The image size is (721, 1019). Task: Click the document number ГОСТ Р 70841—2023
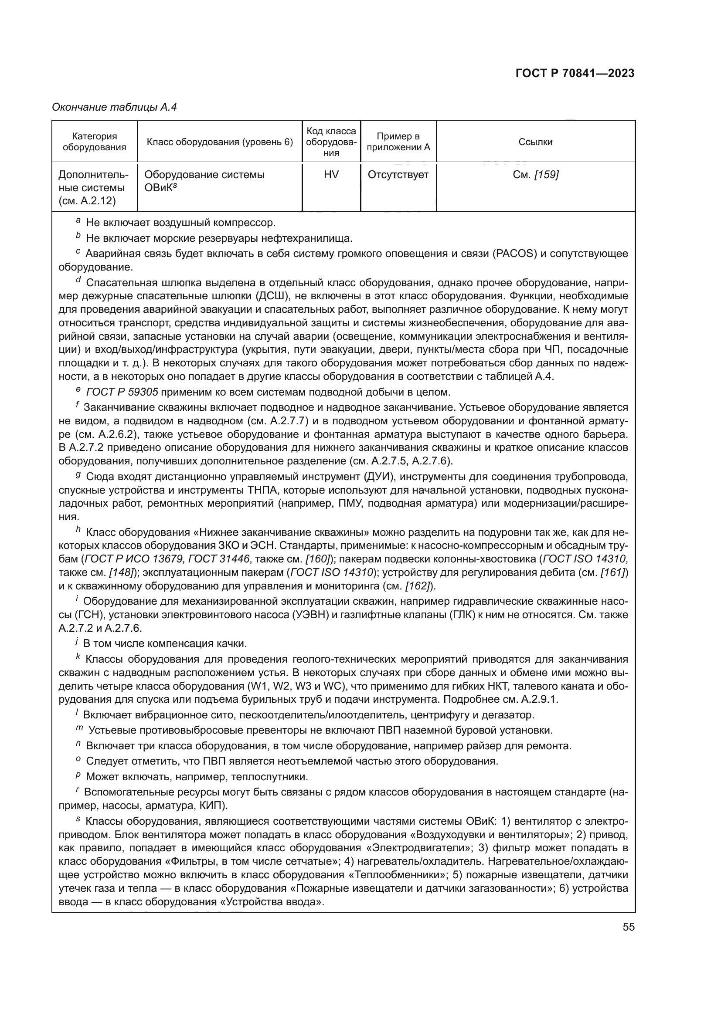click(x=575, y=74)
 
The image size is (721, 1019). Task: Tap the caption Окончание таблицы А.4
click(x=115, y=107)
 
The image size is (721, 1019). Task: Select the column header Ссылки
click(x=535, y=142)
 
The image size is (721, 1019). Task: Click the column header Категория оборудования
click(x=94, y=142)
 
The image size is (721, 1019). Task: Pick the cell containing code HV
click(x=331, y=175)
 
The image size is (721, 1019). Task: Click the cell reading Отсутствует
click(x=398, y=175)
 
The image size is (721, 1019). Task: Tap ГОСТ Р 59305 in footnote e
click(x=122, y=393)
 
